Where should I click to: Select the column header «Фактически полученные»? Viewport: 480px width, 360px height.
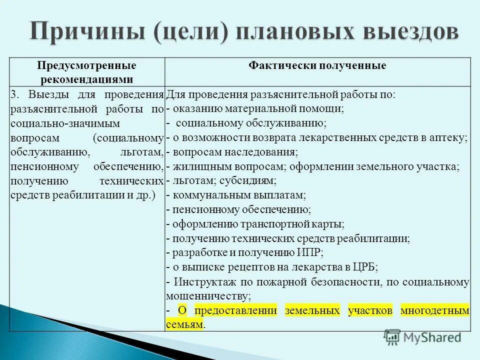[317, 66]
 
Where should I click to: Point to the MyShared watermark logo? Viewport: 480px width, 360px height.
[422, 337]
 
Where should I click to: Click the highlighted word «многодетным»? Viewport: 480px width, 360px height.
[435, 310]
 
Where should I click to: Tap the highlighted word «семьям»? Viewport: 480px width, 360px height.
[184, 324]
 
